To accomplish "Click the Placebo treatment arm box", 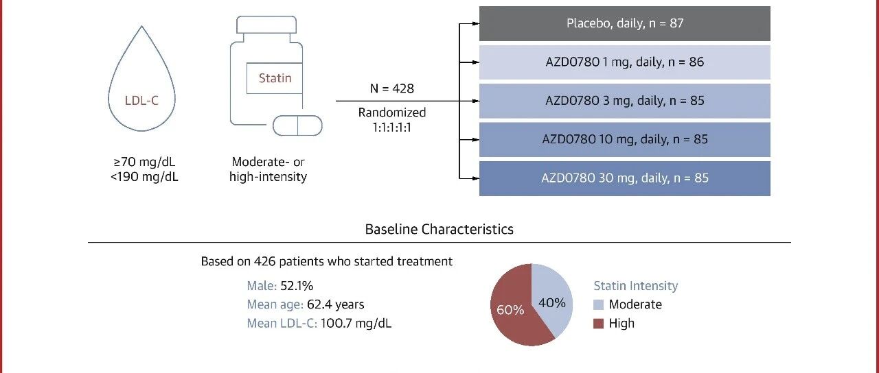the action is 625,23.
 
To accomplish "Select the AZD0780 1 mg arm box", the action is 625,62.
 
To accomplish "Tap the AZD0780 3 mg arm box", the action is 625,101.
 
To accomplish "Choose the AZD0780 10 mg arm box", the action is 625,139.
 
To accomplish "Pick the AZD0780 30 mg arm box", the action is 625,178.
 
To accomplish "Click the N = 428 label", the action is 392,88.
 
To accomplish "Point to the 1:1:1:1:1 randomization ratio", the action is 392,128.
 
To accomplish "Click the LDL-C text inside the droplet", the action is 141,101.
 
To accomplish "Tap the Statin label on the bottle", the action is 275,78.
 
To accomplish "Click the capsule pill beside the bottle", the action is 297,125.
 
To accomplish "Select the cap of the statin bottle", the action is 266,25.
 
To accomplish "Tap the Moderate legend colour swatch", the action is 598,304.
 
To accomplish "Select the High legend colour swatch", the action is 598,323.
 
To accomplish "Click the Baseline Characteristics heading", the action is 439,229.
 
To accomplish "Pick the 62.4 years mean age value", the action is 336,304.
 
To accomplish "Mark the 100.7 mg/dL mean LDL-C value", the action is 356,323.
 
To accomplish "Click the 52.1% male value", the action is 297,286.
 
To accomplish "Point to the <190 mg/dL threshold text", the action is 144,177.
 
